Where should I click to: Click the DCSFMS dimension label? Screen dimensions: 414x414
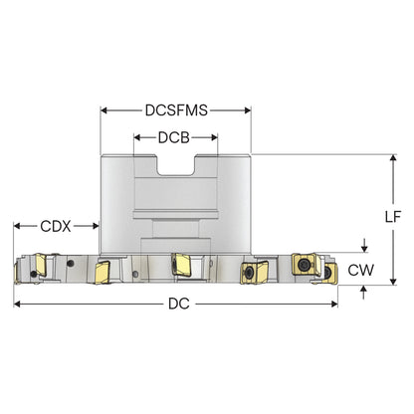point(176,110)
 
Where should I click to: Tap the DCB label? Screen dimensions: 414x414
point(174,137)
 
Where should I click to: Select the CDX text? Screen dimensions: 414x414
point(56,226)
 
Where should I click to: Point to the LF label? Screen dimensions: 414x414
point(393,217)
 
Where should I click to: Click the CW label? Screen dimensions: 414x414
point(361,270)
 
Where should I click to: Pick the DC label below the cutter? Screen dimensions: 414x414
point(179,304)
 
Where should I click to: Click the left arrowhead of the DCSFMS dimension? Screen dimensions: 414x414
point(103,110)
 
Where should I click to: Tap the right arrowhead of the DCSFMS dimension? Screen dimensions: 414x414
point(248,110)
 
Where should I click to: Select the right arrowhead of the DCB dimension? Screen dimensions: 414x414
point(214,137)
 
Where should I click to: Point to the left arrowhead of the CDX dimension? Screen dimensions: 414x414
point(17,226)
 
